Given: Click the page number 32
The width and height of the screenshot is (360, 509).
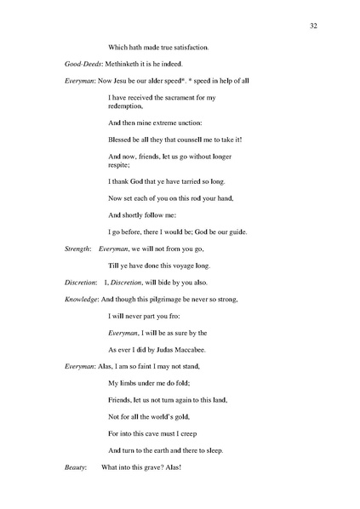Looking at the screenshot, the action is (313, 26).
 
